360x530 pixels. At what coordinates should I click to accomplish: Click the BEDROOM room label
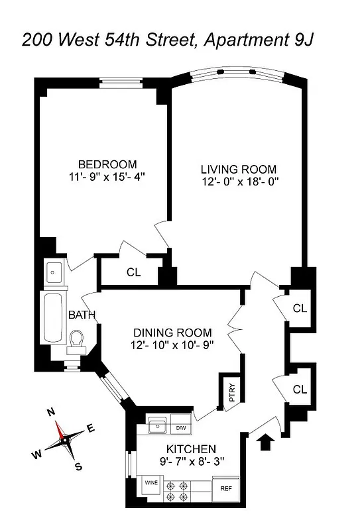(x=107, y=164)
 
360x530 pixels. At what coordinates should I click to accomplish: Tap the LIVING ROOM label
(x=239, y=169)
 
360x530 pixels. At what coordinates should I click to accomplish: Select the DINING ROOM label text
(x=172, y=333)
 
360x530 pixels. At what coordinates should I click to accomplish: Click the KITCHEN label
(x=191, y=449)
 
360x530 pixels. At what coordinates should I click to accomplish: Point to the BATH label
(x=82, y=315)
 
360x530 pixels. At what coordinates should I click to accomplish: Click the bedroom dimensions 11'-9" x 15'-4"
(x=107, y=177)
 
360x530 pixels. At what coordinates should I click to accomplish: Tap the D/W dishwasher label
(x=180, y=425)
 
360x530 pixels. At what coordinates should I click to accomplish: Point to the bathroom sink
(x=54, y=272)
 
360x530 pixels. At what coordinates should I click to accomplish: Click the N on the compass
(x=51, y=411)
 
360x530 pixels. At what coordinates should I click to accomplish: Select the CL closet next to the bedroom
(x=133, y=271)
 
